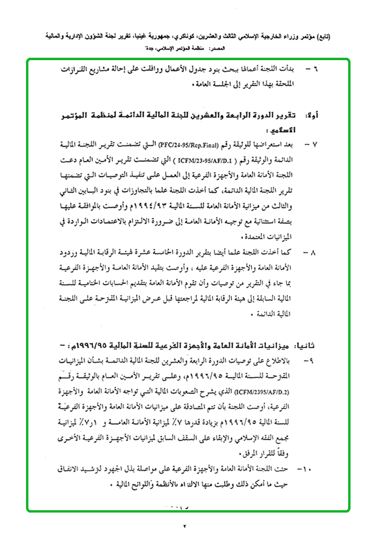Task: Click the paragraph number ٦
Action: [x=316, y=69]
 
